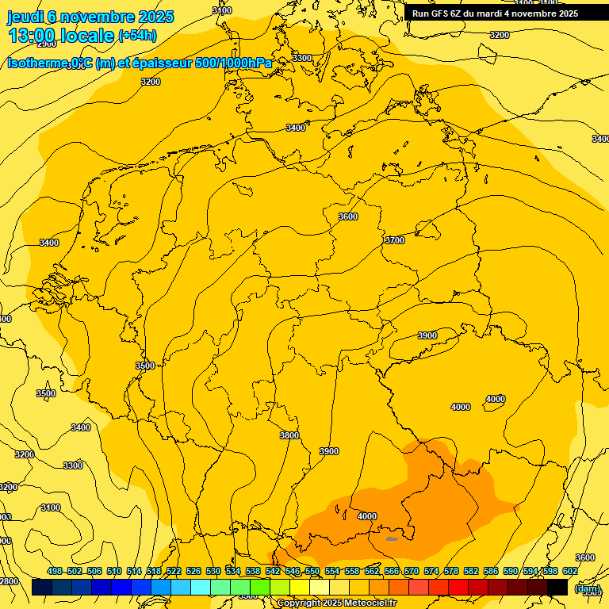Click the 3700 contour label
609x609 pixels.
point(394,240)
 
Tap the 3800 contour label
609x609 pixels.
point(289,435)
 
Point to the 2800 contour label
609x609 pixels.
point(8,581)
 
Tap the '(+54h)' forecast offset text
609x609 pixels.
point(137,36)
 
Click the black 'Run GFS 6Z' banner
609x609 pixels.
point(495,13)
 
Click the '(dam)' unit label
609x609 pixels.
point(588,588)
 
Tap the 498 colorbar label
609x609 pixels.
point(55,571)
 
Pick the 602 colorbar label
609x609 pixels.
point(570,571)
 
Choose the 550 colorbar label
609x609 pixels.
point(312,571)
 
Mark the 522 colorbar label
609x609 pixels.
point(174,571)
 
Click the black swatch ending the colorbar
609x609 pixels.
point(557,587)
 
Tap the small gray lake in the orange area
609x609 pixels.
point(391,539)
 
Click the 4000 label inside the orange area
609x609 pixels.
point(367,516)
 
